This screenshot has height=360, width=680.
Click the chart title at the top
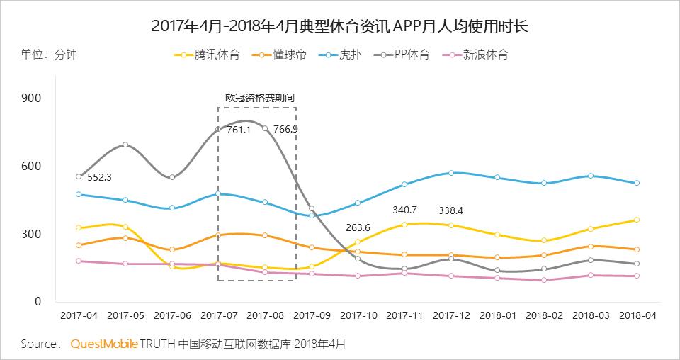pos(340,26)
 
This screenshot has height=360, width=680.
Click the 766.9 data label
pos(285,130)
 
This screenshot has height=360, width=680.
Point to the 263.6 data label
pos(358,228)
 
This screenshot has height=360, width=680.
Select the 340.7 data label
pos(404,210)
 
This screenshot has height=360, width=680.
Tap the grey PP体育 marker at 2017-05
pos(125,145)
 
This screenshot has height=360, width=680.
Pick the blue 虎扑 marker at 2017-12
pos(451,173)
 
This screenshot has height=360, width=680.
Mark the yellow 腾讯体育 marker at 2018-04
pos(637,220)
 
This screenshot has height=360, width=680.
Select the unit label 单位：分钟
pos(48,55)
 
